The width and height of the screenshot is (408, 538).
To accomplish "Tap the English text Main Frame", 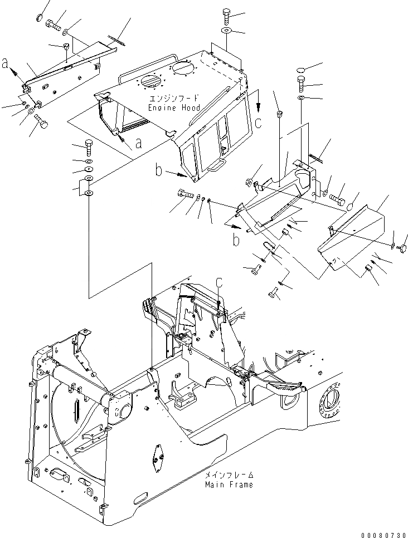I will pos(228,484).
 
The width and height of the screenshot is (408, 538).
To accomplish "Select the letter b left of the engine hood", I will pos(159,171).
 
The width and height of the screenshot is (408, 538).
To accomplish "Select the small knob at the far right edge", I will pos(402,246).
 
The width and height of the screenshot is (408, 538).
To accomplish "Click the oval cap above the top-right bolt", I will pos(299,70).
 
